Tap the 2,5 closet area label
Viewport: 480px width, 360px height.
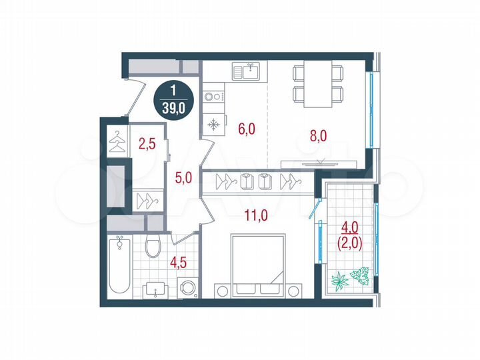[147, 141]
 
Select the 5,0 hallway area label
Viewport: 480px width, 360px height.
[183, 177]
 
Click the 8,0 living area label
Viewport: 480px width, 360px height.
[319, 135]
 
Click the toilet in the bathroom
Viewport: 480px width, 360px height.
[152, 248]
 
